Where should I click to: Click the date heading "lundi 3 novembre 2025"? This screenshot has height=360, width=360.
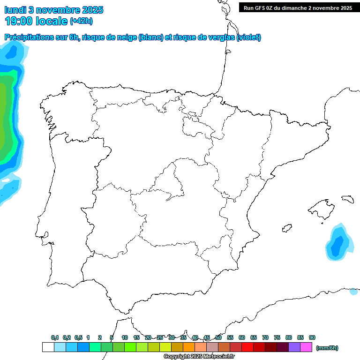click(x=54, y=10)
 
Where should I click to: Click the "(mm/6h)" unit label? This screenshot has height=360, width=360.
click(x=327, y=348)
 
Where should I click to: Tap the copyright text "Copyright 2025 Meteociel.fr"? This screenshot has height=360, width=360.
click(x=199, y=357)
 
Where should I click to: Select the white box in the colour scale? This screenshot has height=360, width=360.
click(x=48, y=347)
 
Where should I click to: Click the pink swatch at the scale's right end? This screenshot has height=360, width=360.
click(x=306, y=347)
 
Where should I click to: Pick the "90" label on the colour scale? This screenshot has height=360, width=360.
click(x=312, y=337)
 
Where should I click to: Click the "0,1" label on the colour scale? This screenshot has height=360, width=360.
click(x=55, y=337)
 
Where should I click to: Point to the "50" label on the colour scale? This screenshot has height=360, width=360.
click(x=218, y=337)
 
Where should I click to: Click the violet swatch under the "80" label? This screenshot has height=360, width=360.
click(x=294, y=347)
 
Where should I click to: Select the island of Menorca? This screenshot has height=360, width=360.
click(x=347, y=199)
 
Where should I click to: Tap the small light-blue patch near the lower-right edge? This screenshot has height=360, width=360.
click(x=353, y=292)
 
